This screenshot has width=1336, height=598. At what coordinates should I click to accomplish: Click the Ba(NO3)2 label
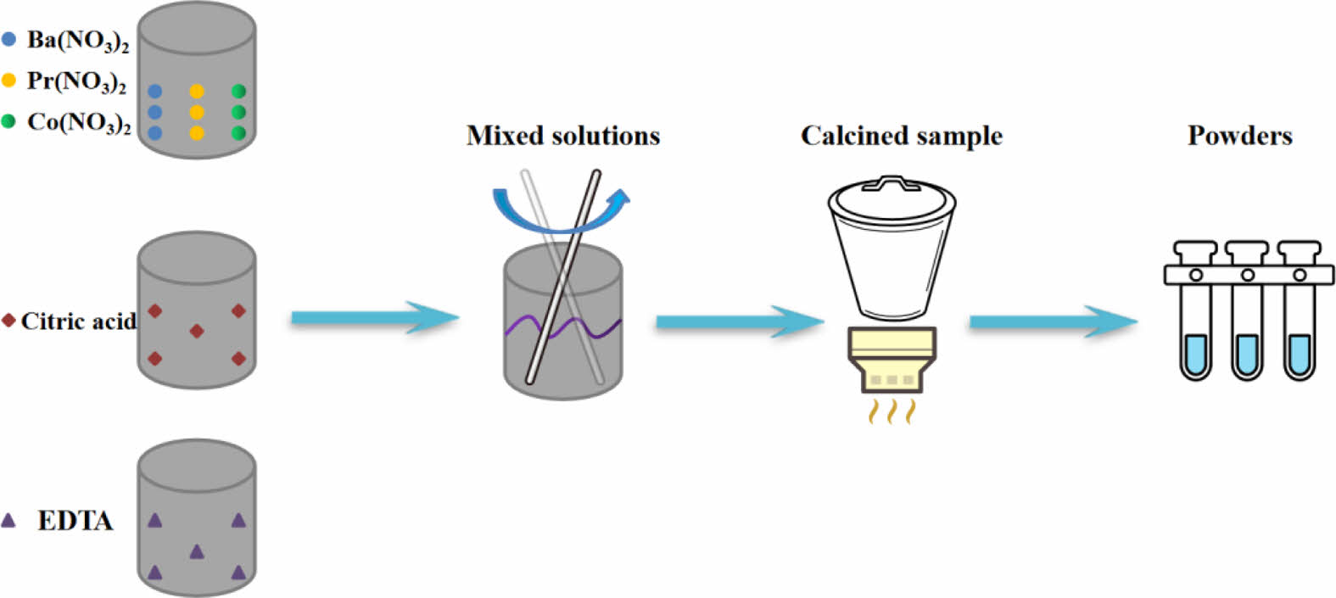coord(77,41)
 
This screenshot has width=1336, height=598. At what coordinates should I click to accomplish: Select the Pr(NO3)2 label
coord(76,81)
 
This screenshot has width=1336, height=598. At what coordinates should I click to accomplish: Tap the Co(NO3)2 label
coord(79,123)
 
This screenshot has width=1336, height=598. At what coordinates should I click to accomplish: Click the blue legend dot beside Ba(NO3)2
coord(9,39)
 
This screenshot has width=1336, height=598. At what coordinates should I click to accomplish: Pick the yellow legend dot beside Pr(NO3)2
coord(9,81)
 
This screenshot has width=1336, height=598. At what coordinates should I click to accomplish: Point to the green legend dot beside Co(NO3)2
coord(9,121)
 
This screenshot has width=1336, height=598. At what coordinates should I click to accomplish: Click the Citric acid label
coord(78,321)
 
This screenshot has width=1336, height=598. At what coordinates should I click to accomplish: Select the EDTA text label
coord(75,520)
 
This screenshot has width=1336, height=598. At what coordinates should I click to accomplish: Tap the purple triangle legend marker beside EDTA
coord(8,520)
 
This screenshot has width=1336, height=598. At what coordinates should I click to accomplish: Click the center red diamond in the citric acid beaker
coord(197,331)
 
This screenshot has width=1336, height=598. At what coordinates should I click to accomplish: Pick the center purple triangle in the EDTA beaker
coord(197,551)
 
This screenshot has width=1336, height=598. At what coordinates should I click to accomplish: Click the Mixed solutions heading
coord(563,136)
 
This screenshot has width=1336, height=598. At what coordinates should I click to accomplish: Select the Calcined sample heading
coord(901,136)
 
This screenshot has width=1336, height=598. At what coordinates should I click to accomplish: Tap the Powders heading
coord(1239,136)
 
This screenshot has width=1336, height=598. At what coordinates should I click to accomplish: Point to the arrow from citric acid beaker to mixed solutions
coord(373,319)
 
